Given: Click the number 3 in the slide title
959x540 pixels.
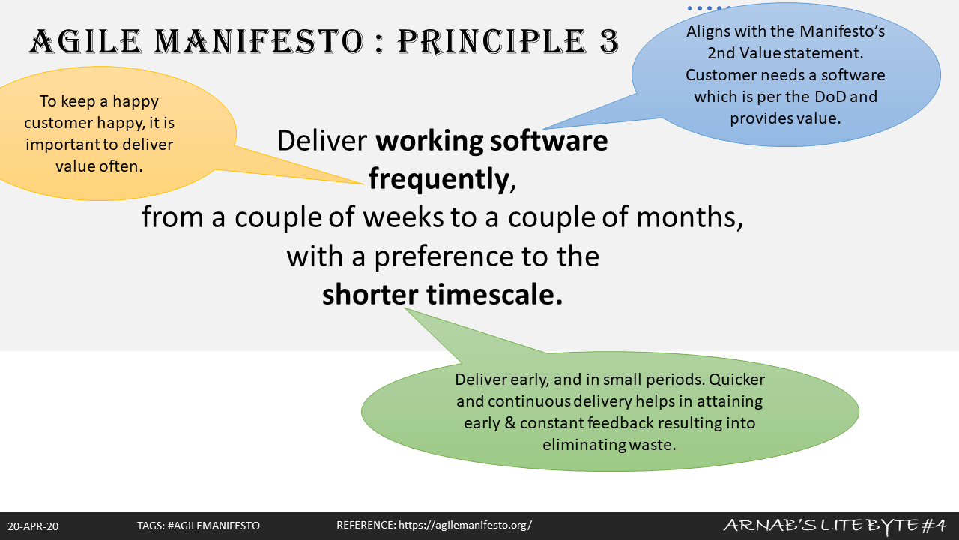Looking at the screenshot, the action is (609, 41).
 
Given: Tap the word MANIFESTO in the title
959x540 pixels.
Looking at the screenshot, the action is (259, 41).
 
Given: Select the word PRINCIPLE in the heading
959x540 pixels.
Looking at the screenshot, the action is (492, 41).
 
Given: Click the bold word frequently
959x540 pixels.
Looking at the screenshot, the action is (439, 179).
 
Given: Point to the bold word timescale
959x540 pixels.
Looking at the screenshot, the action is (494, 295).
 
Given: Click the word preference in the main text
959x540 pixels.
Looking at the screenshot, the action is (444, 256).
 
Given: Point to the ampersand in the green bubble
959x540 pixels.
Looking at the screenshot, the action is (510, 423).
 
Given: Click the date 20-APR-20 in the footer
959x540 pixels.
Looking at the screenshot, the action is (33, 526).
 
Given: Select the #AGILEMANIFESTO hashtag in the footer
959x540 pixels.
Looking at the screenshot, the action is (214, 526).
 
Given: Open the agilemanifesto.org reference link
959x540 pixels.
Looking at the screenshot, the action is (465, 526).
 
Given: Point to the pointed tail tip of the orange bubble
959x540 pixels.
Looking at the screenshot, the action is (364, 184).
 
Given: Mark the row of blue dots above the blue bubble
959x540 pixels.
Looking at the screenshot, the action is (710, 8).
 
